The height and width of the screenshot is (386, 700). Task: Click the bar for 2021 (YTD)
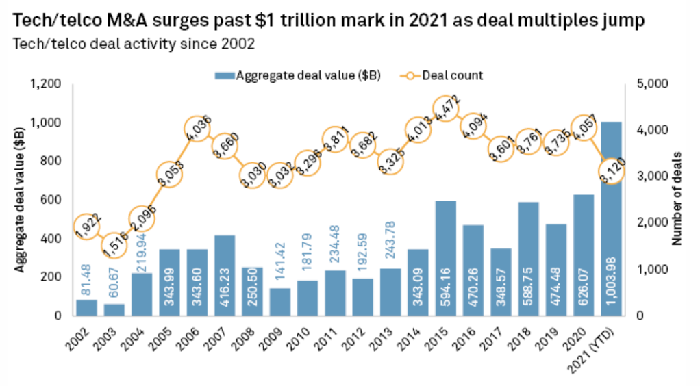(x=611, y=219)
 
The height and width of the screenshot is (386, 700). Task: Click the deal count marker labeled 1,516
(x=114, y=245)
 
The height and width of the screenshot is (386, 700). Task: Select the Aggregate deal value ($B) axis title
(x=20, y=199)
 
